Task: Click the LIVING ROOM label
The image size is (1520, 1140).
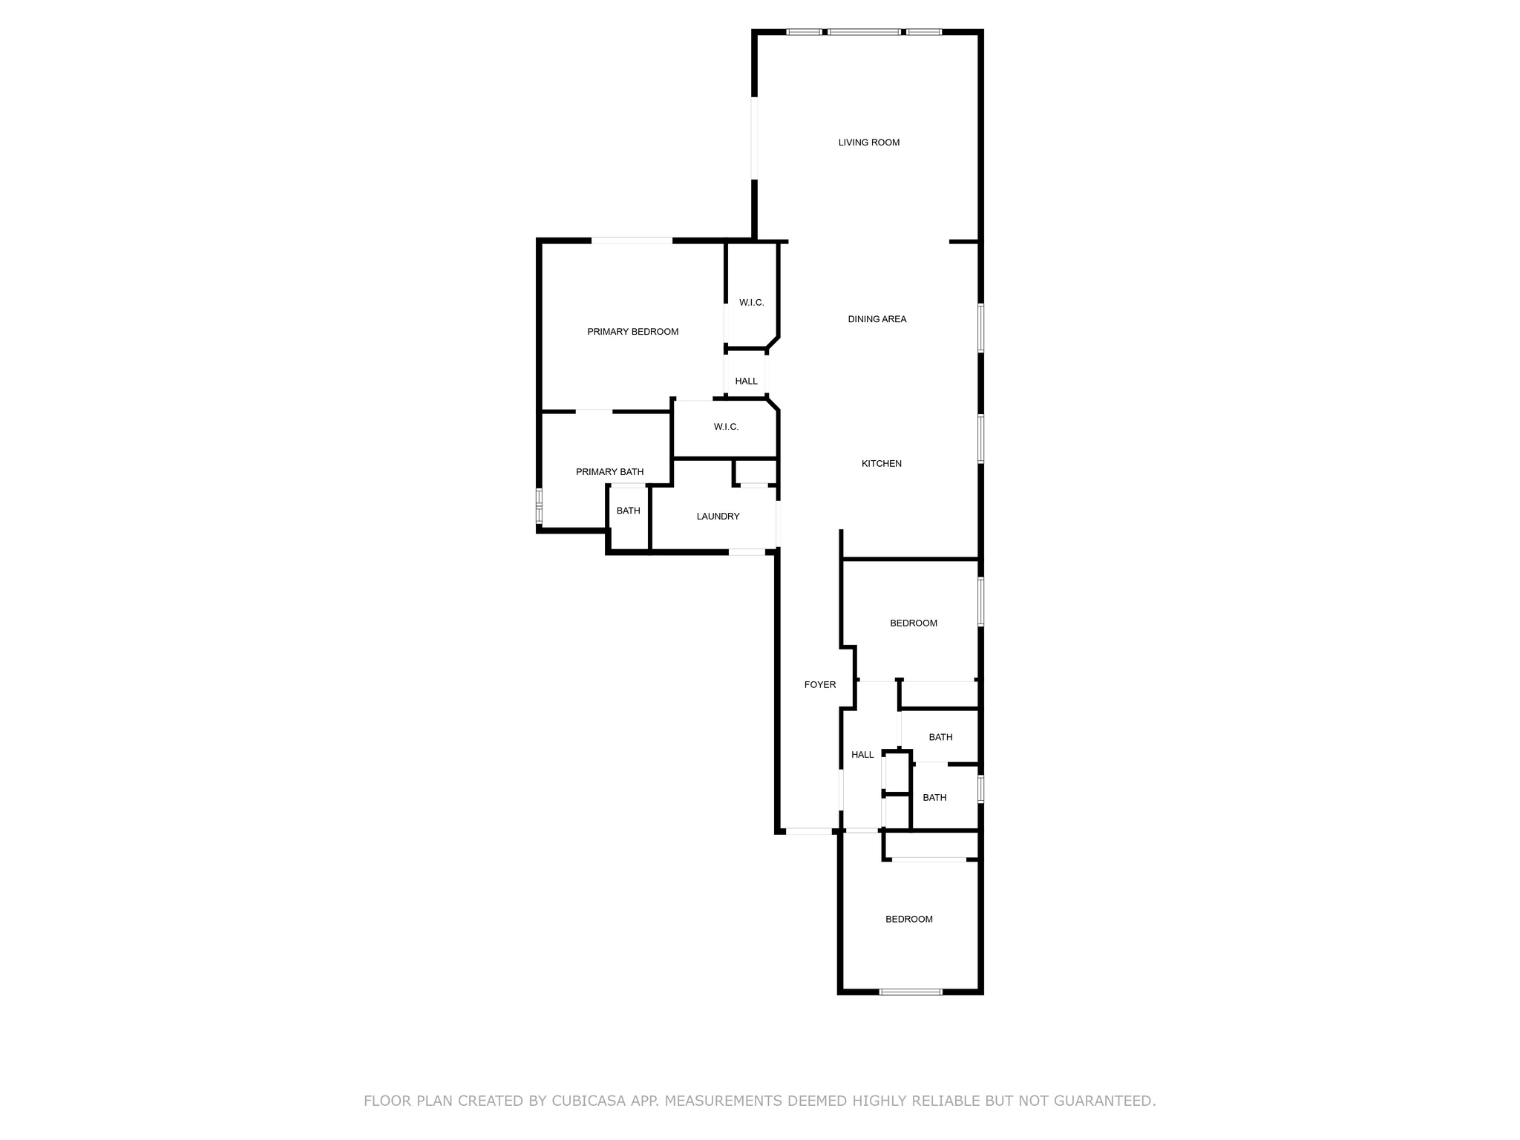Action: click(868, 142)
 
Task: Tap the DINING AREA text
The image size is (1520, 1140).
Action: click(877, 319)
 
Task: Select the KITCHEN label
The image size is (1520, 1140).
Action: click(881, 464)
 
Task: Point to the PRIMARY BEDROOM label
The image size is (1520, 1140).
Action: click(632, 332)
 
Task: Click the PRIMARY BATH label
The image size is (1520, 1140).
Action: click(609, 472)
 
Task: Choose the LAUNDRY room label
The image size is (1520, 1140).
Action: click(718, 517)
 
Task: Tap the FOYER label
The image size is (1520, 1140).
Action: click(819, 685)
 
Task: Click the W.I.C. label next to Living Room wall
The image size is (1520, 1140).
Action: click(751, 303)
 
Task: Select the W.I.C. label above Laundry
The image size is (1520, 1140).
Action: click(726, 427)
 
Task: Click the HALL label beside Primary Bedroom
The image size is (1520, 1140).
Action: click(746, 381)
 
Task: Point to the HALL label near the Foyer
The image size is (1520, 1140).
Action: click(862, 755)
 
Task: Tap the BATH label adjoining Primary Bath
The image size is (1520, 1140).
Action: click(628, 511)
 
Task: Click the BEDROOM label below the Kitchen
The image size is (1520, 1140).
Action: click(913, 623)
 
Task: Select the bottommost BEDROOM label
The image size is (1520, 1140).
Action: click(908, 920)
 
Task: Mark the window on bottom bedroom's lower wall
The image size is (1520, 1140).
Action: click(910, 992)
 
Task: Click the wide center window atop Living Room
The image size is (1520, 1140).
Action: click(863, 32)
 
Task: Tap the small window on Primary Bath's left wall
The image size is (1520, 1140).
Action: click(540, 506)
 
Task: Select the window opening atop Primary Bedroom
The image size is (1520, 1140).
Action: click(632, 240)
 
